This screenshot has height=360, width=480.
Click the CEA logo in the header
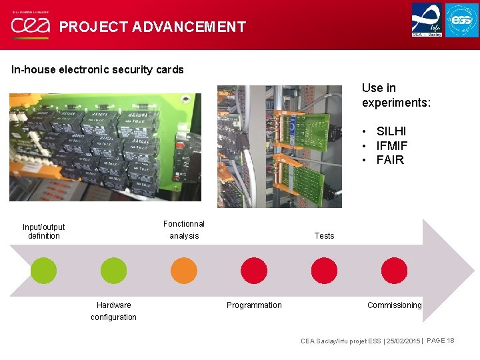[x=29, y=26]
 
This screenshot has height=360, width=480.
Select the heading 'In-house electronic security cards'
[x=97, y=69]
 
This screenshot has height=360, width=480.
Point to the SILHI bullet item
[x=391, y=131]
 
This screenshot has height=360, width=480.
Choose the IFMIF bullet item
[x=392, y=145]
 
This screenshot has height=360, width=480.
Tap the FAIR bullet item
[x=390, y=159]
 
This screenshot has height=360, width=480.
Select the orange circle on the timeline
[x=184, y=271]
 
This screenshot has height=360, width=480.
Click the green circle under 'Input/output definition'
[x=44, y=271]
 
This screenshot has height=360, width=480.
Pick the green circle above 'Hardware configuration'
[x=113, y=271]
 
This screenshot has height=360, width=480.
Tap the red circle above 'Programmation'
[x=254, y=271]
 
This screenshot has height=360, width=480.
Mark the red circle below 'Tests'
[x=325, y=271]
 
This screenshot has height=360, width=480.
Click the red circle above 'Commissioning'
[x=395, y=271]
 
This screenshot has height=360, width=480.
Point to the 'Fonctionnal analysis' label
[x=184, y=229]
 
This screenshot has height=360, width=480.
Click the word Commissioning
[x=394, y=305]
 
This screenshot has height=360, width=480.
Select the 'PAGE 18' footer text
[x=440, y=341]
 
